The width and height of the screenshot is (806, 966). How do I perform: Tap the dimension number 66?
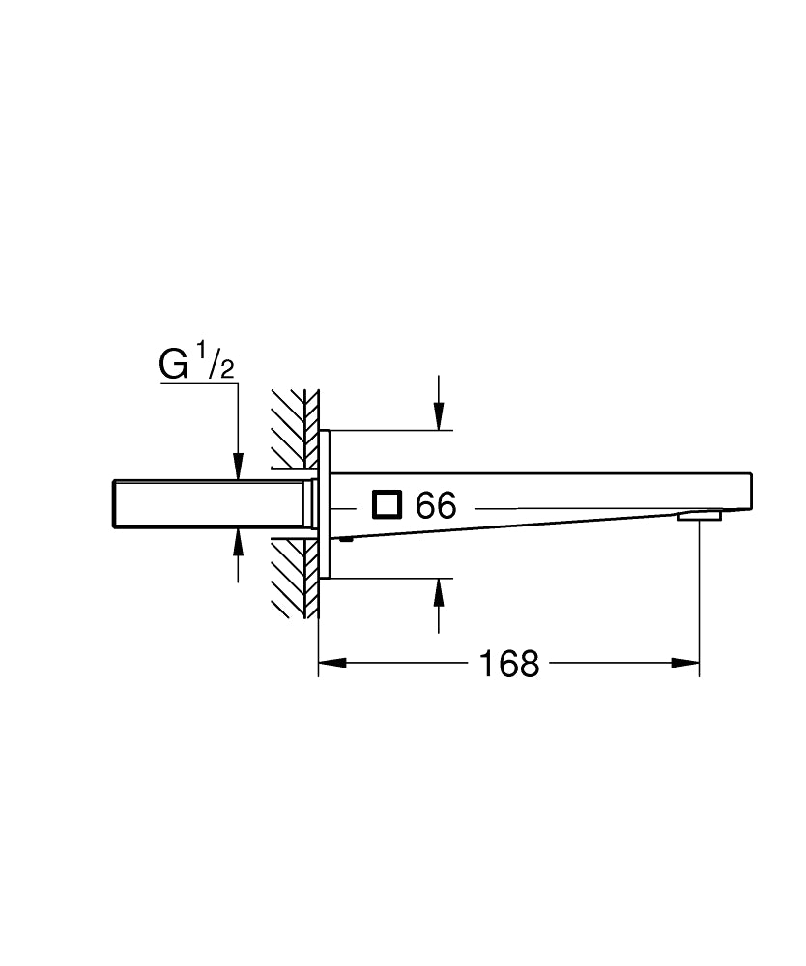[x=435, y=505]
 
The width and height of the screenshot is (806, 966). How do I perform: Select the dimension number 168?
[x=510, y=663]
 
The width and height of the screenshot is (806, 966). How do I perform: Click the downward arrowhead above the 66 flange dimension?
[x=440, y=417]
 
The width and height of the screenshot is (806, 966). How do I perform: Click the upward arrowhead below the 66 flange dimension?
[x=440, y=590]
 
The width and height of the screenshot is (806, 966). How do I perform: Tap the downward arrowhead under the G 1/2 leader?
[x=238, y=468]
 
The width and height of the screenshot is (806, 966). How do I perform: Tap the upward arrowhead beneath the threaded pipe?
[x=238, y=541]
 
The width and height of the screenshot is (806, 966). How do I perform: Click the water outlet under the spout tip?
[x=700, y=516]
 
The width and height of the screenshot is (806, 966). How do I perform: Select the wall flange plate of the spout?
[x=326, y=503]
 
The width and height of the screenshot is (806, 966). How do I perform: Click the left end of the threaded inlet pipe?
[x=115, y=504]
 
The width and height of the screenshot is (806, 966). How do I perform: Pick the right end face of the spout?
[x=751, y=492]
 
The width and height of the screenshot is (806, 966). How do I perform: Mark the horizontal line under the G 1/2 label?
[x=198, y=384]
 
